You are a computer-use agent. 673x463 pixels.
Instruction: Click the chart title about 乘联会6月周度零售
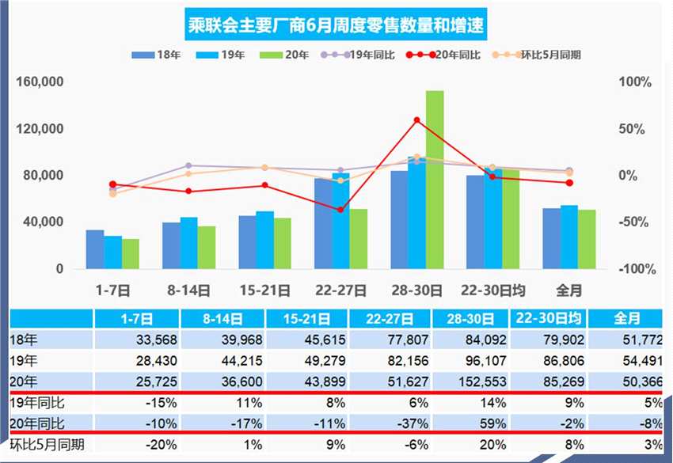click(336, 27)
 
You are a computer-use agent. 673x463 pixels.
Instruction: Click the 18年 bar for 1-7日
click(95, 249)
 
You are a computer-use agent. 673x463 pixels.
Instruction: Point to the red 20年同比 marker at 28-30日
click(416, 120)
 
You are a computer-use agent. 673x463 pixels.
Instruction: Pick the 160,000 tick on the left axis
click(39, 82)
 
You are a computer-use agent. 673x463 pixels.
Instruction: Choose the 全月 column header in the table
click(626, 320)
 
